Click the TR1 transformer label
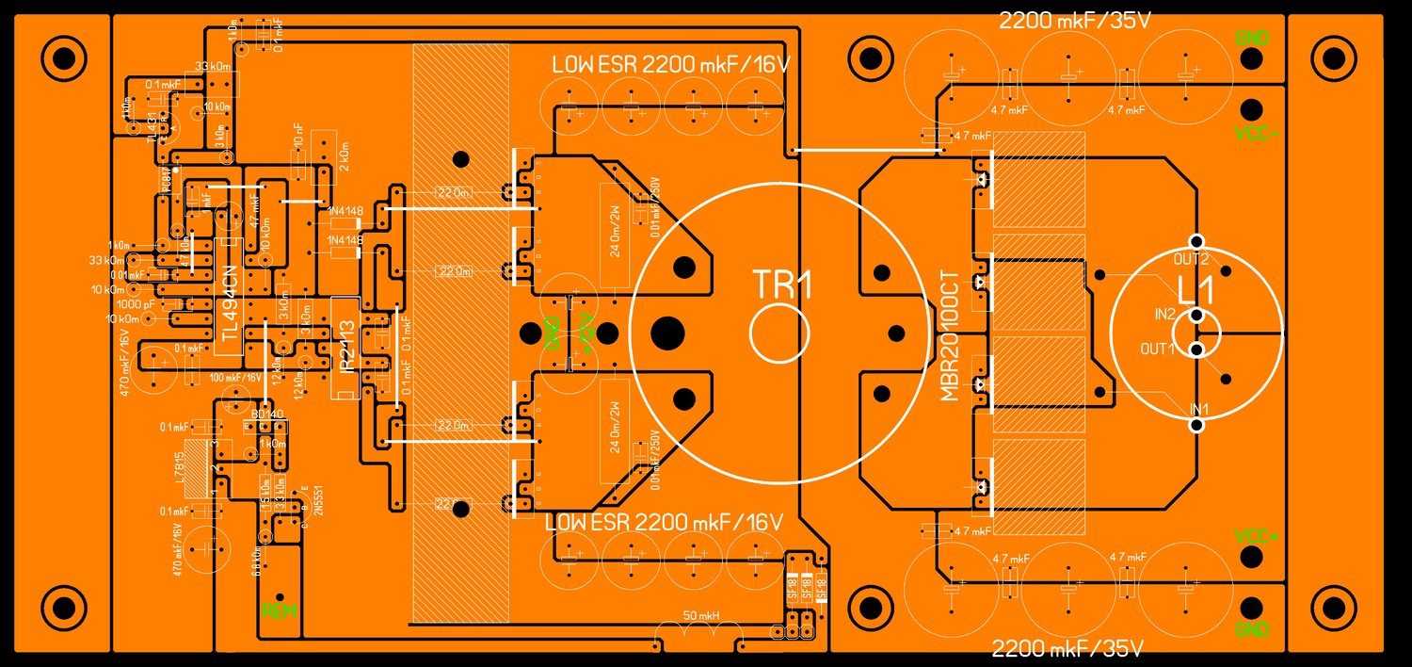pyautogui.click(x=780, y=285)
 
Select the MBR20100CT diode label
pyautogui.click(x=950, y=336)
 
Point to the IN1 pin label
pyautogui.click(x=1199, y=408)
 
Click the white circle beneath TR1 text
pyautogui.click(x=779, y=332)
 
